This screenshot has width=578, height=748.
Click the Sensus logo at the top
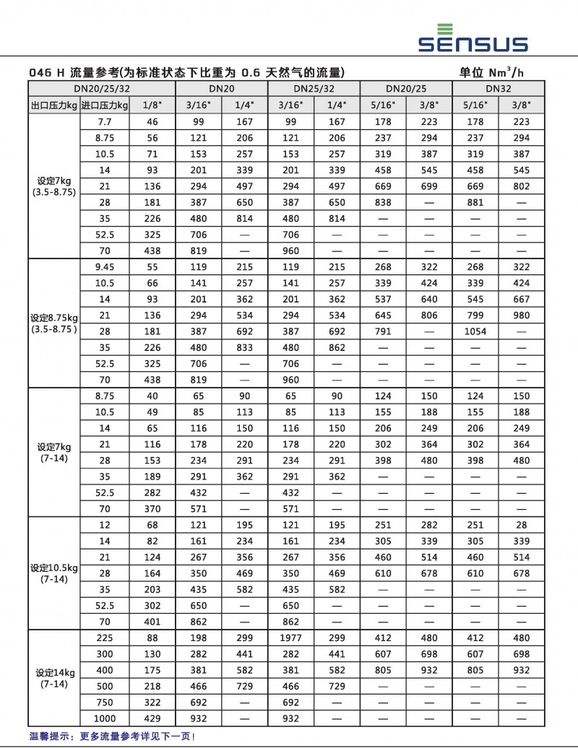tap(473, 38)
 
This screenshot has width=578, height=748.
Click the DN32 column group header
tap(499, 89)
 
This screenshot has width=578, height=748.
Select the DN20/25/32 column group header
tap(101, 89)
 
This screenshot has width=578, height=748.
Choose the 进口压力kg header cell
tap(104, 105)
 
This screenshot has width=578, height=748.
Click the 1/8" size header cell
tap(152, 105)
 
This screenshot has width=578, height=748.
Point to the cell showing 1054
tap(475, 331)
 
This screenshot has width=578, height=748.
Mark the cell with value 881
tap(475, 203)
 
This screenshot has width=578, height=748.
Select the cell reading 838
tap(383, 203)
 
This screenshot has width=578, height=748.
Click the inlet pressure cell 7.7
tap(104, 122)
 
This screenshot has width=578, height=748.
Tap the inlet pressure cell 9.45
tap(104, 267)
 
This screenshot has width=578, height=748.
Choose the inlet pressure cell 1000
tap(104, 718)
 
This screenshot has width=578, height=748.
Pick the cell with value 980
tap(522, 316)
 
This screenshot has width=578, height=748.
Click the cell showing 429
tap(152, 718)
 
